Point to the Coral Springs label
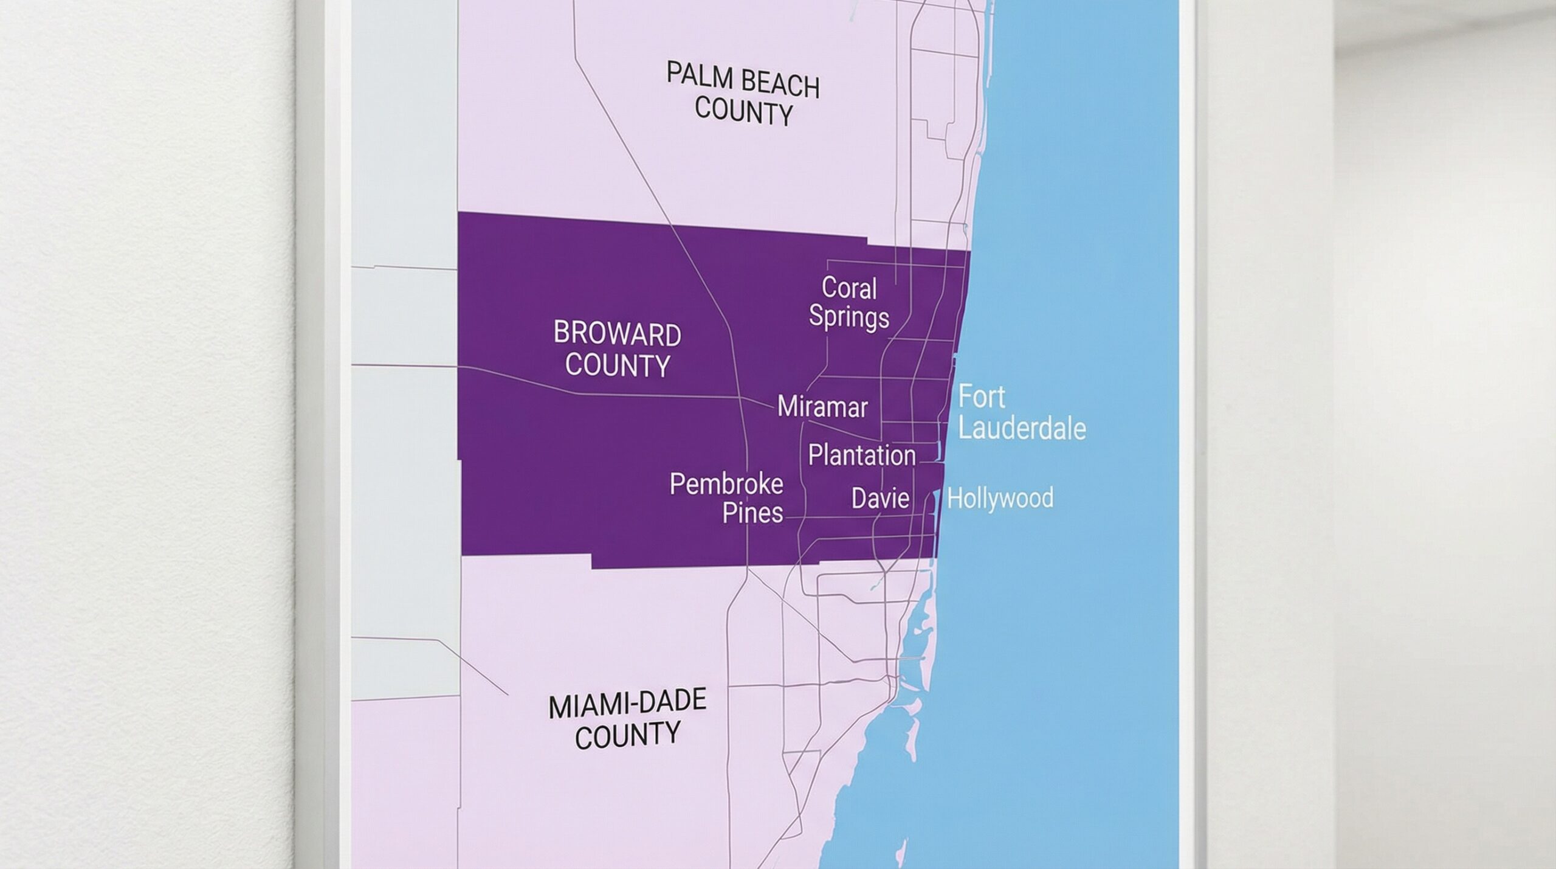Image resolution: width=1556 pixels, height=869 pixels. click(x=849, y=302)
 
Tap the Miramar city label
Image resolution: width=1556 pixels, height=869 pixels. click(x=822, y=407)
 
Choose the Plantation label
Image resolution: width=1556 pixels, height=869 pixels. click(x=861, y=455)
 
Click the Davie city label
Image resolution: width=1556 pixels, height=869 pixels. click(x=880, y=499)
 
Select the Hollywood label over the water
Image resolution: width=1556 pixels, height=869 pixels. click(x=1000, y=499)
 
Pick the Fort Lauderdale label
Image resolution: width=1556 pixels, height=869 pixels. click(x=1021, y=413)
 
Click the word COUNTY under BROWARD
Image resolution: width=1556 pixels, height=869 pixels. click(x=618, y=365)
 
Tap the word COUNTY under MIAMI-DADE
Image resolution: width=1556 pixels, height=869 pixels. click(x=627, y=736)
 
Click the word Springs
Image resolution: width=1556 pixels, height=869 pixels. click(x=849, y=317)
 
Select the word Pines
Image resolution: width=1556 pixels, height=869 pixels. click(x=752, y=513)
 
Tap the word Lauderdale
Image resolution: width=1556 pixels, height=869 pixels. click(x=1022, y=429)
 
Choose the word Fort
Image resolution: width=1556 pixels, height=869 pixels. click(x=981, y=397)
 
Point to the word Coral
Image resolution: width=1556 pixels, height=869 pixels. click(x=849, y=288)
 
